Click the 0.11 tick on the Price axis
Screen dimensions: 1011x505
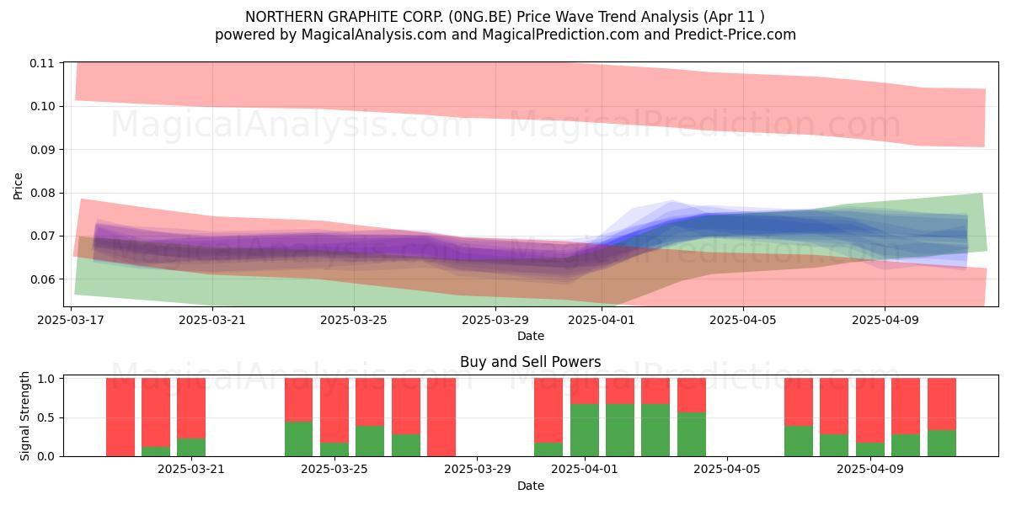point(41,63)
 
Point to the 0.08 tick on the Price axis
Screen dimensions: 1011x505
point(41,193)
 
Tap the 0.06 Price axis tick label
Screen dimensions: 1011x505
point(41,279)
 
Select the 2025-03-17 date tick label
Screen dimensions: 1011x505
point(71,320)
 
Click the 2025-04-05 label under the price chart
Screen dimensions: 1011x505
point(743,320)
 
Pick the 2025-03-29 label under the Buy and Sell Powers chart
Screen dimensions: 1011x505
point(478,470)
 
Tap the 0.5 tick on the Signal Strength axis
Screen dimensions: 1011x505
point(46,417)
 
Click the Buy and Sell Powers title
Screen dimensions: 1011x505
point(530,362)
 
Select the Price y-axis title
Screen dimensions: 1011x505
point(18,186)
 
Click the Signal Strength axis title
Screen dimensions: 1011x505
point(24,416)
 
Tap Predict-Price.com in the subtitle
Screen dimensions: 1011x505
point(736,35)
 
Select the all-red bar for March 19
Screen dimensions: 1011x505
point(120,417)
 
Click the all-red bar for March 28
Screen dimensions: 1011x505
point(441,417)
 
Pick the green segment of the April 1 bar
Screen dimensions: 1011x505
point(585,430)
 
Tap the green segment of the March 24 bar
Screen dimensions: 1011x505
point(298,439)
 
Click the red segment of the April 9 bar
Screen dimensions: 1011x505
point(870,411)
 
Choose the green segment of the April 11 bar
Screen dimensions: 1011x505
point(942,444)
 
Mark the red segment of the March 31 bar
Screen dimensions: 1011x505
point(548,411)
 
